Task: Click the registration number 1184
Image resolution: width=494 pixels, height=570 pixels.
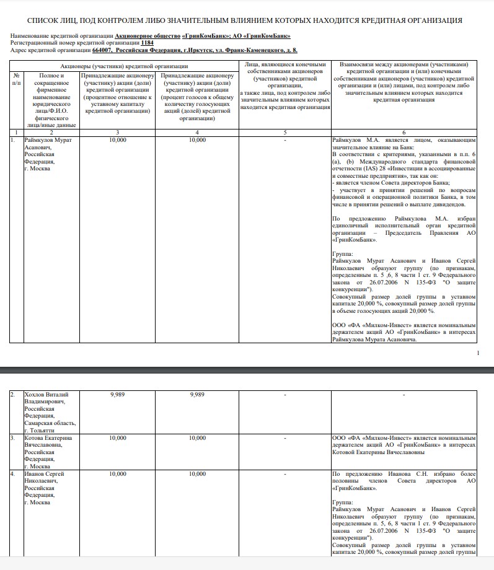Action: [x=147, y=43]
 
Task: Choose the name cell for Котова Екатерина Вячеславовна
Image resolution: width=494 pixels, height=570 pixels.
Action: [x=48, y=451]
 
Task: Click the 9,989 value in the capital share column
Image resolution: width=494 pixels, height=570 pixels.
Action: [x=117, y=394]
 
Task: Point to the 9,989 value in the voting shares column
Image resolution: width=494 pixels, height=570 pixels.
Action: [x=197, y=394]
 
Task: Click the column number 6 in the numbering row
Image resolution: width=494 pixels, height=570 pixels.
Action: [x=404, y=132]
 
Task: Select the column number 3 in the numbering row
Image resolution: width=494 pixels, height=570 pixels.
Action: [x=117, y=132]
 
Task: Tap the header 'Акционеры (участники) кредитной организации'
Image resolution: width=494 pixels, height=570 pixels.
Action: [x=123, y=66]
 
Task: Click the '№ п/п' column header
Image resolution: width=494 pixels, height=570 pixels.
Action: [x=16, y=78]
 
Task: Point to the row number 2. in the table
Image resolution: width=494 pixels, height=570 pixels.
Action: [x=12, y=394]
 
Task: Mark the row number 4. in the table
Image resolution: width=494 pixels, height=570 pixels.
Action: [x=12, y=474]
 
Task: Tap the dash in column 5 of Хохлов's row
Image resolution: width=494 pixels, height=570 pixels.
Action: [x=284, y=394]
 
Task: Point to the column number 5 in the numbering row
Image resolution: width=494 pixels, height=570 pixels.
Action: [x=284, y=132]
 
